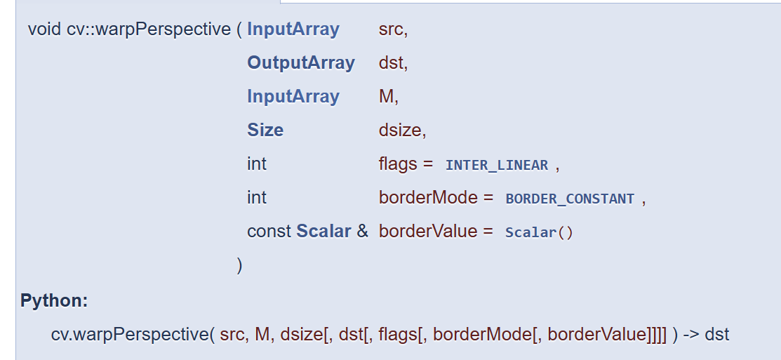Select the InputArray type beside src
293,29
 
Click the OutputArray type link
301,63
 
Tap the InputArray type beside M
293,97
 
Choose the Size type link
265,131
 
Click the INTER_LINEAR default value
497,166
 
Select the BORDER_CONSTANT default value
570,199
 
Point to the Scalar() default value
539,232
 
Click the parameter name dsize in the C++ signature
400,131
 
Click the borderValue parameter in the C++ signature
427,232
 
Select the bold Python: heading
54,301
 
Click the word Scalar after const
323,232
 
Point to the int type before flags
257,164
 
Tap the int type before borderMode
257,198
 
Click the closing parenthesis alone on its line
240,265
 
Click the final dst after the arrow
717,335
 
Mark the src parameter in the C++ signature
392,29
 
